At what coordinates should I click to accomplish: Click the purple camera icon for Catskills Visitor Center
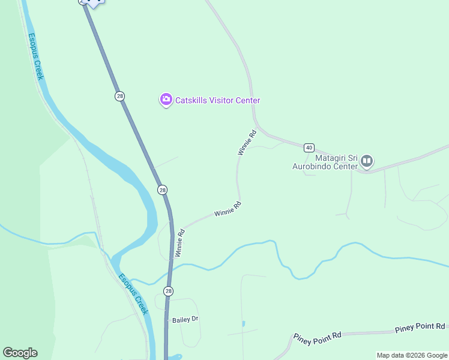[x=166, y=100]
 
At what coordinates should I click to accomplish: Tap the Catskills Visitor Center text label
[x=217, y=100]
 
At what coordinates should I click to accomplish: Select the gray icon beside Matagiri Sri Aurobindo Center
[x=367, y=161]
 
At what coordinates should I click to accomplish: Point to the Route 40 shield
[x=309, y=147]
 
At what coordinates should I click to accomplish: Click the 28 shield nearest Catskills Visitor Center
[x=120, y=96]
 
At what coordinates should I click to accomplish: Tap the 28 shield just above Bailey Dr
[x=169, y=291]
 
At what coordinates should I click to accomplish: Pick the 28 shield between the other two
[x=162, y=190]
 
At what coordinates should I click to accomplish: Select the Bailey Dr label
[x=185, y=319]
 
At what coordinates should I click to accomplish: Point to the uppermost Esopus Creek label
[x=36, y=56]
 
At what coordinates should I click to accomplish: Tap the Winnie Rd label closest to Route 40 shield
[x=247, y=142]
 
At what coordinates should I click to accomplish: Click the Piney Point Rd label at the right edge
[x=420, y=327]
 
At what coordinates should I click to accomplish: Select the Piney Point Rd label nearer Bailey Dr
[x=317, y=337]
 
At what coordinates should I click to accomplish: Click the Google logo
[x=20, y=353]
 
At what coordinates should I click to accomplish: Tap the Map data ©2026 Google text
[x=411, y=355]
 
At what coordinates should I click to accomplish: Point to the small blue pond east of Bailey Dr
[x=244, y=324]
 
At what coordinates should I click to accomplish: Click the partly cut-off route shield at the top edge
[x=83, y=2]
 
